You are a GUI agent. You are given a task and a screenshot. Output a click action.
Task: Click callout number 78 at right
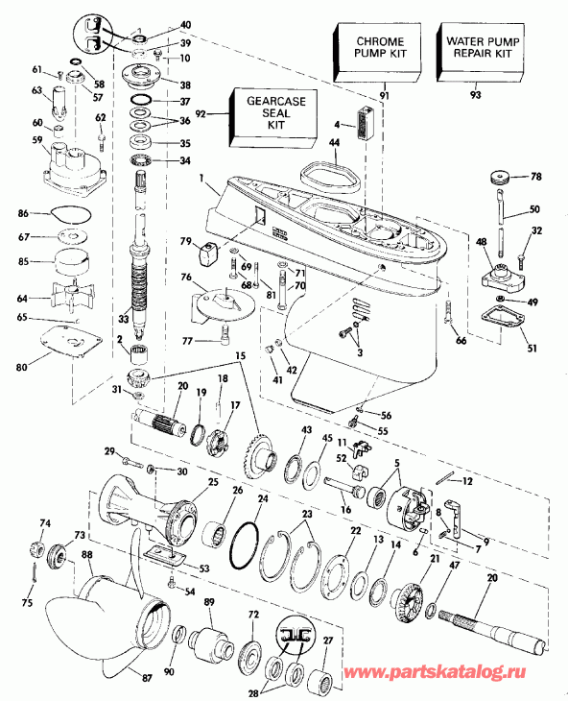pos(537,177)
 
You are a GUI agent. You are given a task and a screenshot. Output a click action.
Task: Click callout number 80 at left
pos(22,363)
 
